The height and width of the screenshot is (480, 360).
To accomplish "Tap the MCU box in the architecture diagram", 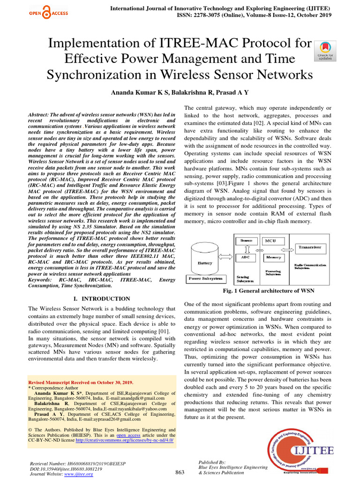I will pos(270,240).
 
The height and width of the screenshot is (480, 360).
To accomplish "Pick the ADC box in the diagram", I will pos(245,257).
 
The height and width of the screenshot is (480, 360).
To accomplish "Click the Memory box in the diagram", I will pos(273,257).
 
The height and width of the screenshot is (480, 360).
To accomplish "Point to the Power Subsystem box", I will pos(205,278).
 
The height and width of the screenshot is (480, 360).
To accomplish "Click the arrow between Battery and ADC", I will pos(228,257).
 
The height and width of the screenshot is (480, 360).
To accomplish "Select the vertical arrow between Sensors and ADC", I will pos(245,248).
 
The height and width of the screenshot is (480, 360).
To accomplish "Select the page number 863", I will pos(180,472).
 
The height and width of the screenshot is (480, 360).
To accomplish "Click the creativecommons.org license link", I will pos(124,441).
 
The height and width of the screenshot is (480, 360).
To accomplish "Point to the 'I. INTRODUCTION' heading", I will pos(102,299).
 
